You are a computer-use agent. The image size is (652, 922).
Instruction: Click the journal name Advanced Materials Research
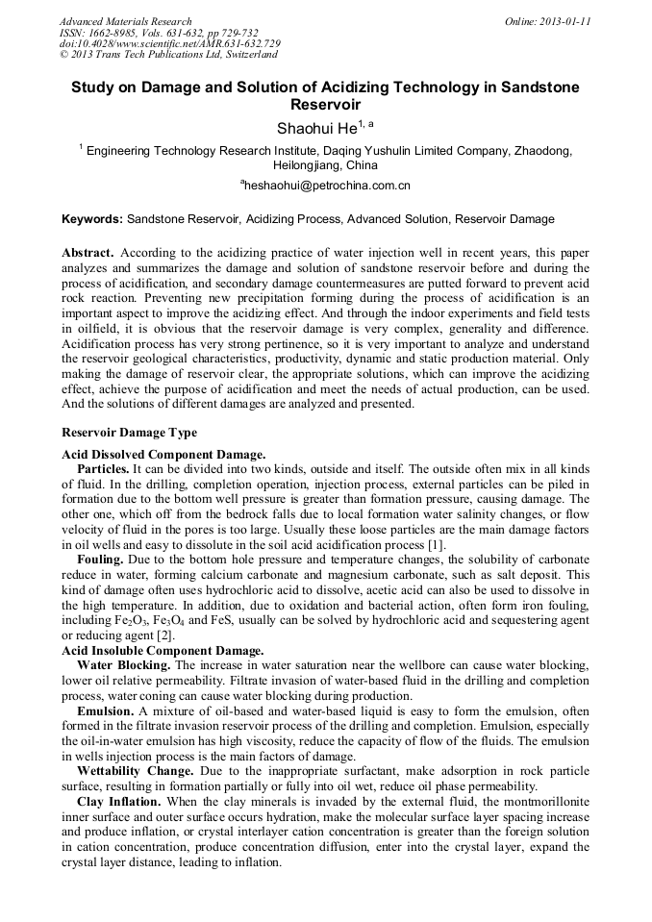click(126, 21)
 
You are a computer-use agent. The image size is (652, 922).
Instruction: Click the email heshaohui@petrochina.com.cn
click(326, 185)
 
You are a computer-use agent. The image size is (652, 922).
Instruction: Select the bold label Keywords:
click(92, 219)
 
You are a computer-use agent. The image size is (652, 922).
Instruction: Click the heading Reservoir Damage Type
click(129, 433)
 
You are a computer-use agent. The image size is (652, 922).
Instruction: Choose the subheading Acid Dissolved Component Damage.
click(163, 454)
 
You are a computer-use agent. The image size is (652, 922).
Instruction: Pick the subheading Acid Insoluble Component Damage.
click(163, 651)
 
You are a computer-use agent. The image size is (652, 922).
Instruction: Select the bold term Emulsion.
click(105, 710)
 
